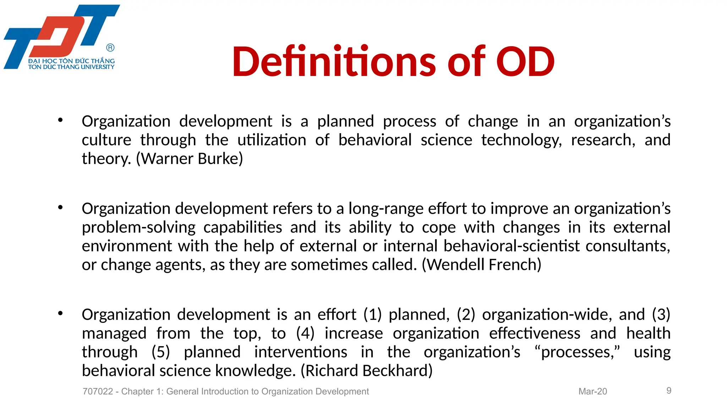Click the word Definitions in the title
point(334,62)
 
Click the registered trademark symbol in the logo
point(110,48)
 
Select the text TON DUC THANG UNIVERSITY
point(71,67)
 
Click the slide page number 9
point(669,391)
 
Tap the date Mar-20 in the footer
point(592,391)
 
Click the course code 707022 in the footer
point(98,391)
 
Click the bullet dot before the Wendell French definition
point(60,207)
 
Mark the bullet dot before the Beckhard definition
point(60,313)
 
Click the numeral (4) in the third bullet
point(305,333)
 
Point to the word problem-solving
point(138,228)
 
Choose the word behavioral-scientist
point(512,246)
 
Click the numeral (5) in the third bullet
point(161,352)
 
